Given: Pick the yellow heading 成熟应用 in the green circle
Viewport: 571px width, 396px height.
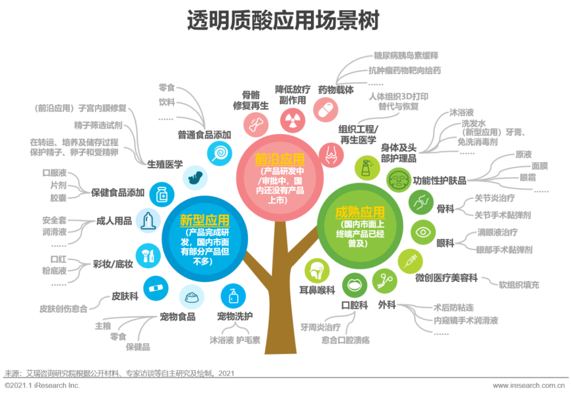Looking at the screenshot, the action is pos(360,213).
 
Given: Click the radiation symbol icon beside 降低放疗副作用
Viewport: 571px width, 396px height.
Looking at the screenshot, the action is pos(290,121).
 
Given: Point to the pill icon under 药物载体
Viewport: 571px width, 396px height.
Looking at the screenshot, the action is pos(325,110).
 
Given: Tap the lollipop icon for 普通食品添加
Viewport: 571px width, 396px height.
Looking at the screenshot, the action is pos(218,154).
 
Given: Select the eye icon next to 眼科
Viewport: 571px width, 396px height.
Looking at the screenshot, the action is pos(423,232).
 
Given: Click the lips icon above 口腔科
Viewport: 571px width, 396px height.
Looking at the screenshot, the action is pos(355,285).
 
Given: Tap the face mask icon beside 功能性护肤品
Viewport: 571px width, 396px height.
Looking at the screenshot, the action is pos(399,180).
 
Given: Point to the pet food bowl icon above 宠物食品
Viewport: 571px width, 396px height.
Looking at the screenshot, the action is pos(192,298).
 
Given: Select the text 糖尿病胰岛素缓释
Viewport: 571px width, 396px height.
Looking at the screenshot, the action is pos(406,56).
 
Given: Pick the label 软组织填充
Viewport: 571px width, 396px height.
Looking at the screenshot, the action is pos(519,285).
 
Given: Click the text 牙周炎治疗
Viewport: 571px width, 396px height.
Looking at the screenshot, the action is pos(320,327).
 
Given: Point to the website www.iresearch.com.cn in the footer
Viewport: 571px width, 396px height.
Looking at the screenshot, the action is pos(531,385).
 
